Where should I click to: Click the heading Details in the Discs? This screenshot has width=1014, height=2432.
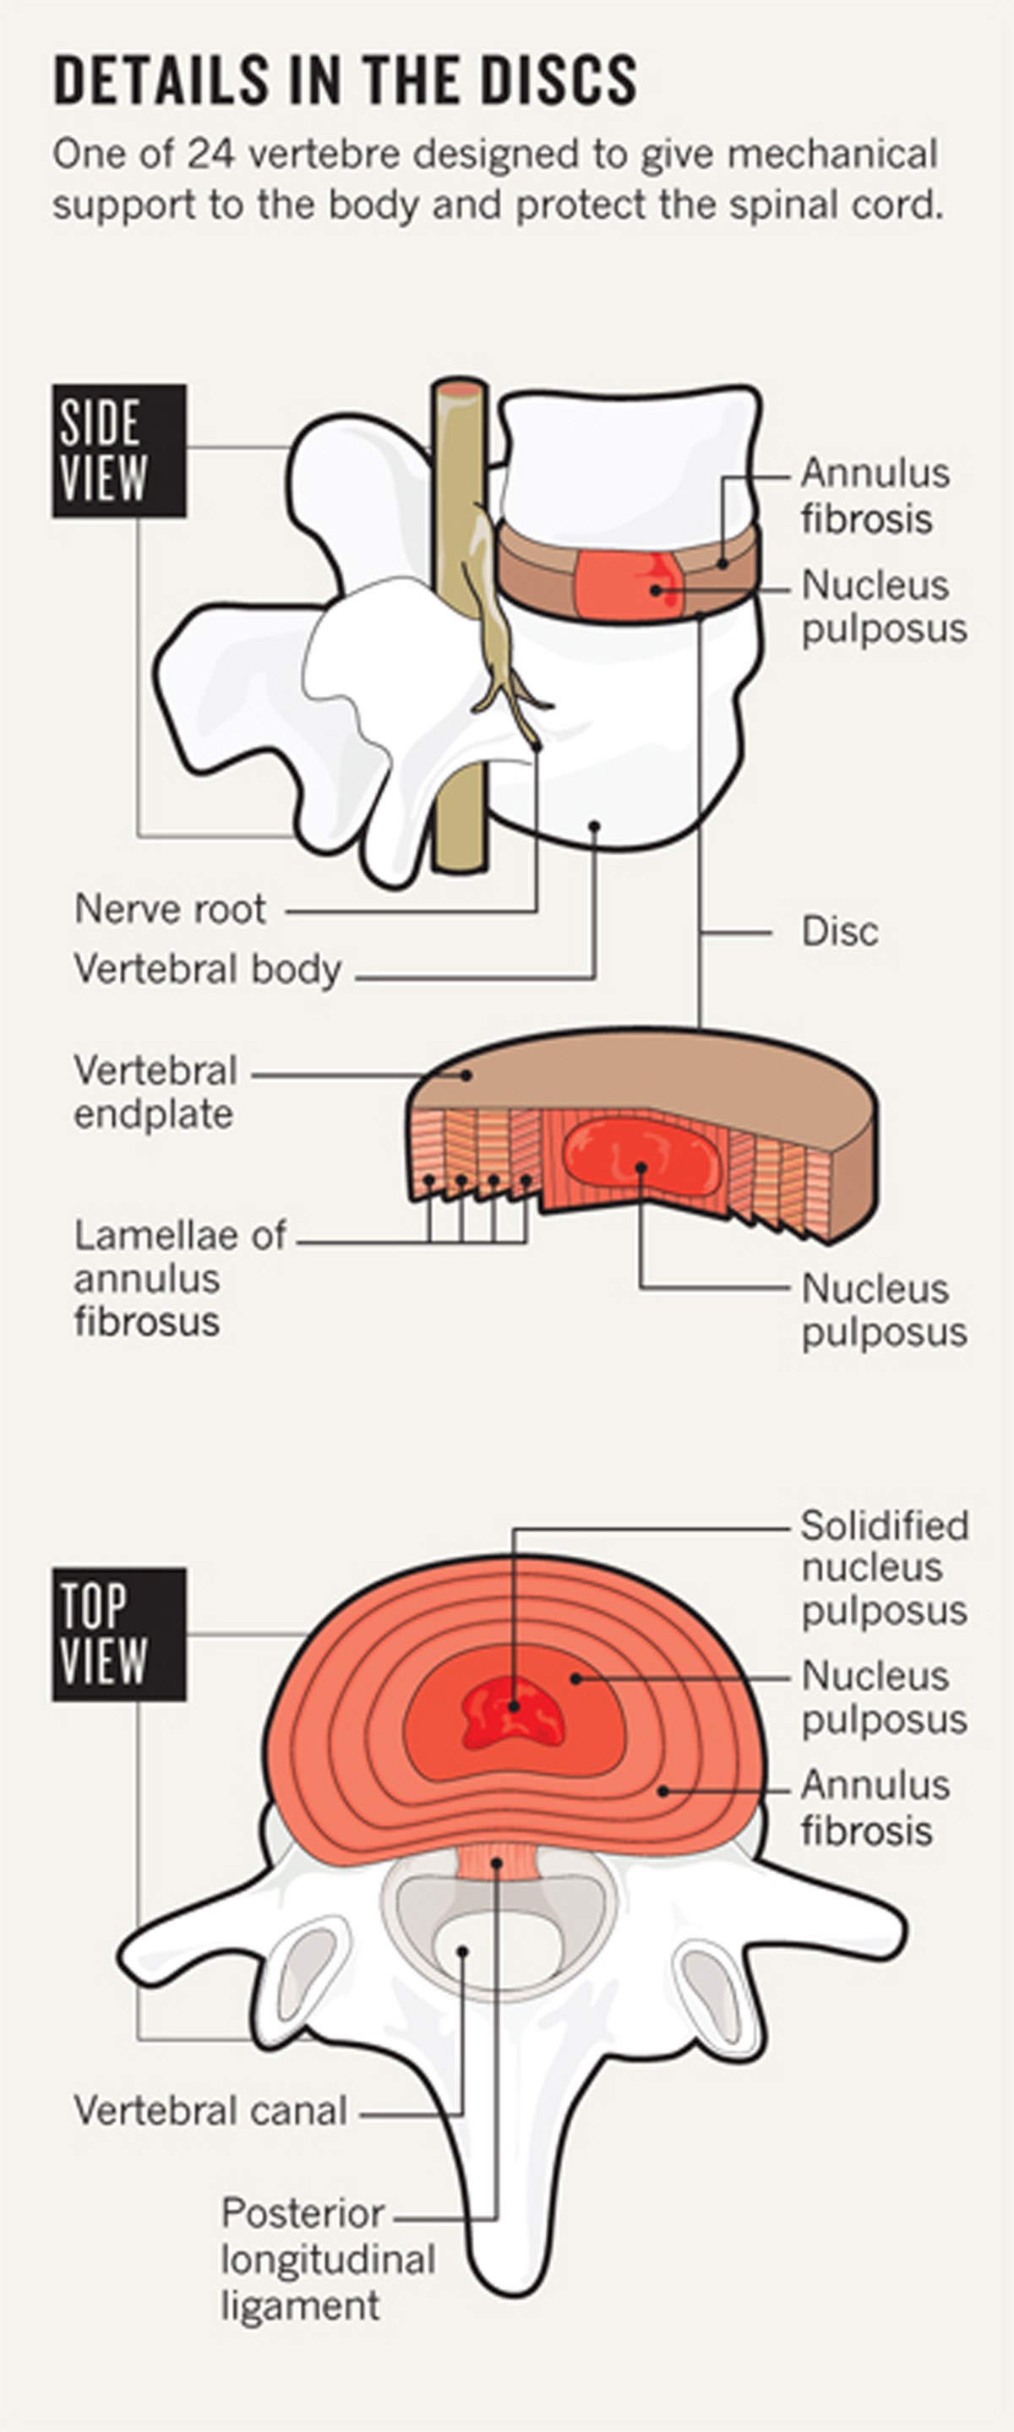(x=345, y=80)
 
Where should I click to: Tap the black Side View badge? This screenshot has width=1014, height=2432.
(x=118, y=450)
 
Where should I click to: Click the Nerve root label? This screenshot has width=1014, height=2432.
(x=170, y=909)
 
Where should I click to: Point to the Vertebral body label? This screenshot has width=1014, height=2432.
(x=208, y=970)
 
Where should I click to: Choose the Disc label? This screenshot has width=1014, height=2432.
(x=839, y=932)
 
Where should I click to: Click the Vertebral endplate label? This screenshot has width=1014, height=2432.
(x=155, y=1092)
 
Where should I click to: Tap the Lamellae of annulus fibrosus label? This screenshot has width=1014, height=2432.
(x=178, y=1278)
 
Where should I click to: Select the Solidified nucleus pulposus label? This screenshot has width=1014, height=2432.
(x=884, y=1567)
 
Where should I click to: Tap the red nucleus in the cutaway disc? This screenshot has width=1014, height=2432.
(x=641, y=1158)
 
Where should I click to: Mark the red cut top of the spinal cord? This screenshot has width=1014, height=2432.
(x=460, y=388)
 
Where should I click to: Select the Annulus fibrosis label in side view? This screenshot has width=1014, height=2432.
(x=875, y=496)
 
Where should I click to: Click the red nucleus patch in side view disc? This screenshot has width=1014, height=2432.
(x=628, y=586)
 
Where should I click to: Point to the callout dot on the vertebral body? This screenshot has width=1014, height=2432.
(x=595, y=826)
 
